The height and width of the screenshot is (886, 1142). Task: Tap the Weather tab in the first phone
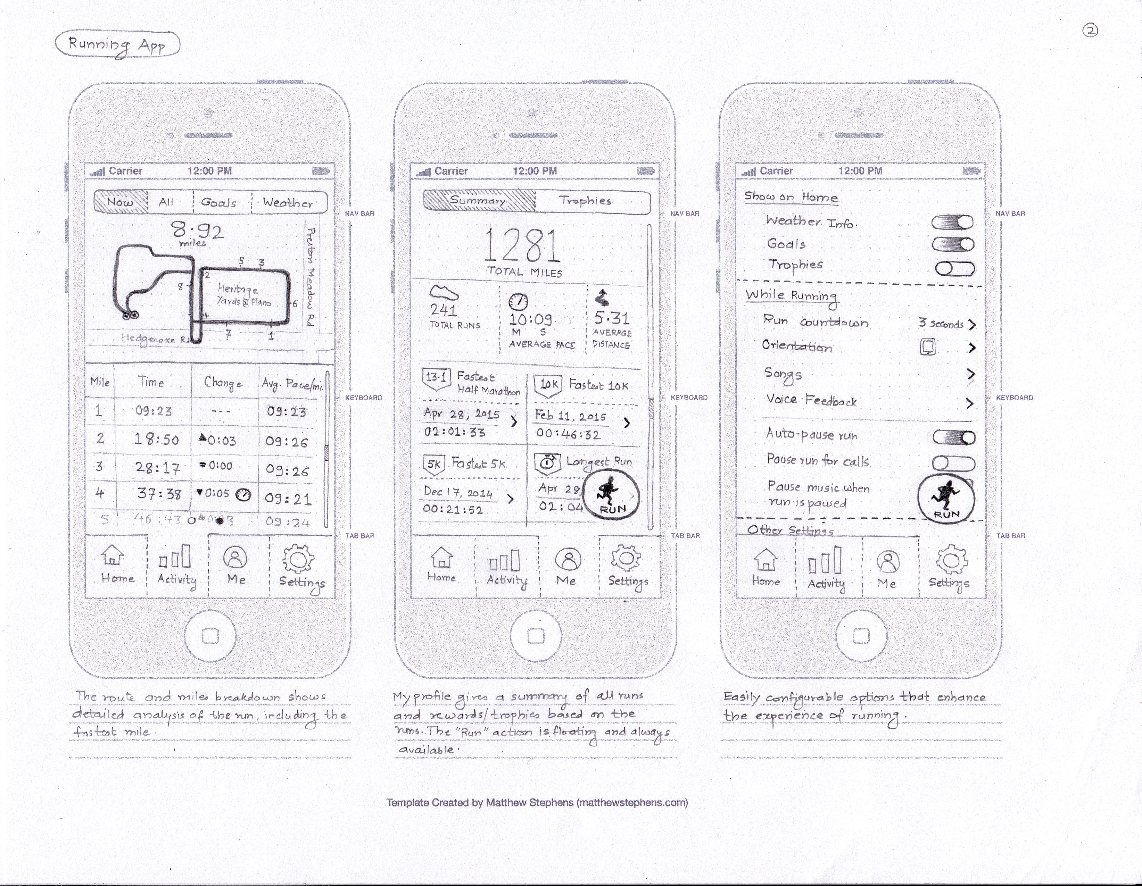coord(288,203)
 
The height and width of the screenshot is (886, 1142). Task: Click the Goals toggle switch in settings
coord(953,244)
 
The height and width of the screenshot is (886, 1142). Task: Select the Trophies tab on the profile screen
coord(586,201)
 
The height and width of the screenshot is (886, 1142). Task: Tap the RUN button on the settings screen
coord(946,499)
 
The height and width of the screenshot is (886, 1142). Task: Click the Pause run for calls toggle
coord(953,463)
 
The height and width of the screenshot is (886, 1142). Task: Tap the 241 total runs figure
coord(444,310)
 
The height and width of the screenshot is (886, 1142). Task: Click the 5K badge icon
coord(433,465)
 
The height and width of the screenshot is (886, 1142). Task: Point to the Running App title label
coord(117,45)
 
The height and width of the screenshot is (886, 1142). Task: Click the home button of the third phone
coord(861,636)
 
